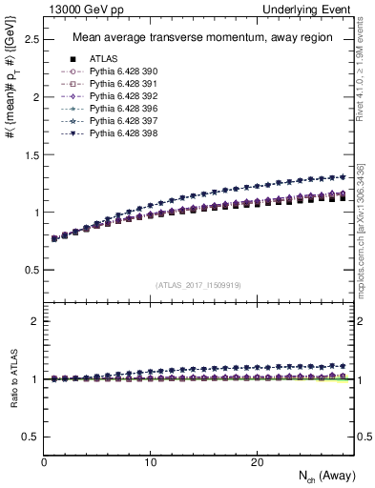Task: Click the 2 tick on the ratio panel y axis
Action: (35, 321)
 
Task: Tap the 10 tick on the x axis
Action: (150, 461)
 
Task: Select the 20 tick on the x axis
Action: (256, 461)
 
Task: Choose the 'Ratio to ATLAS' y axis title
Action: (11, 378)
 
